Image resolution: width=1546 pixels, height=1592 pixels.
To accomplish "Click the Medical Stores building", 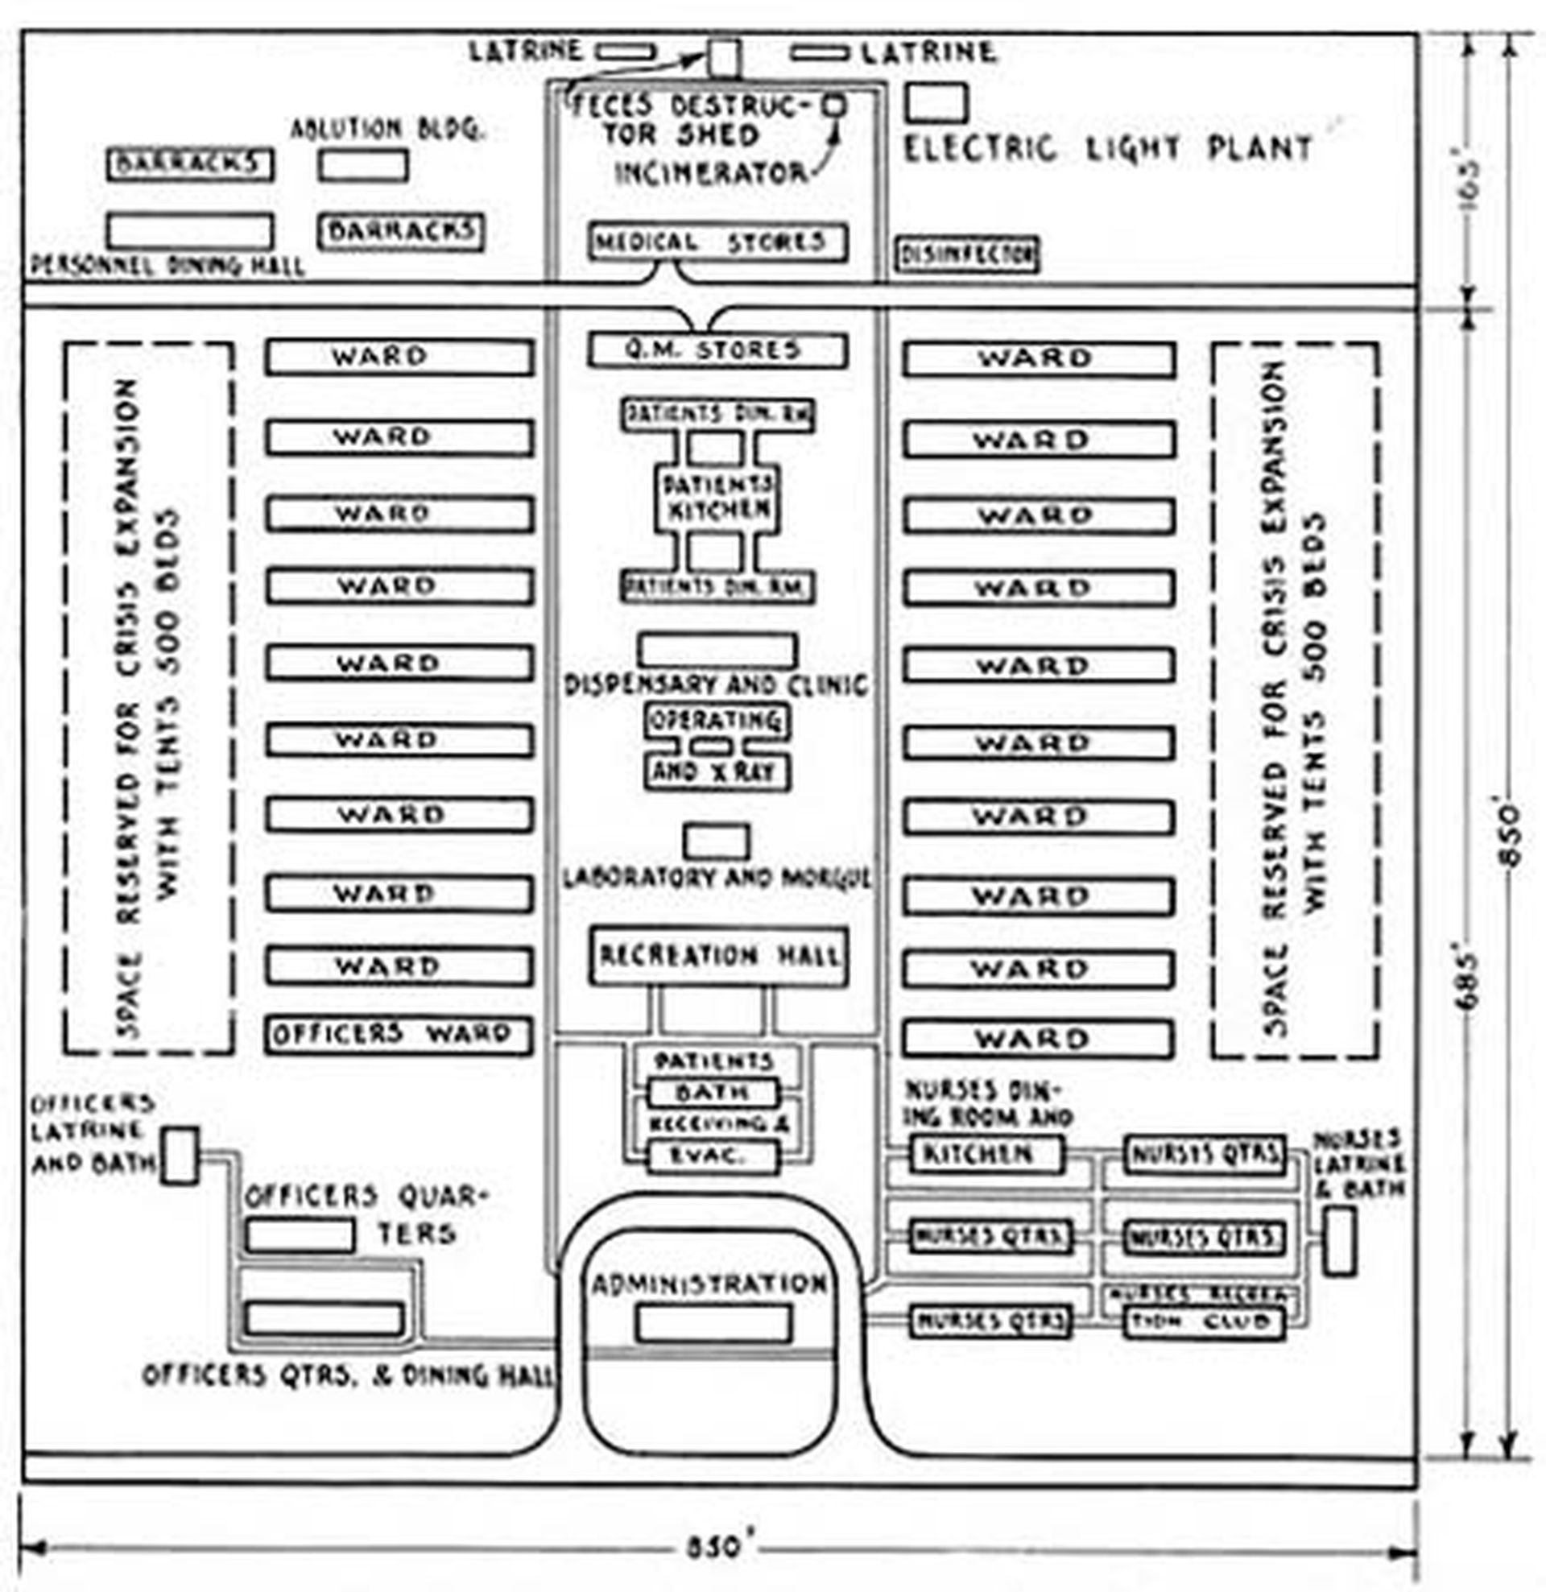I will tap(718, 242).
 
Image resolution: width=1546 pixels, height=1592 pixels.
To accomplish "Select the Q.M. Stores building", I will tap(718, 351).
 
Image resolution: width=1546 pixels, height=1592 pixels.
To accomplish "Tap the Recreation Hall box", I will tap(718, 956).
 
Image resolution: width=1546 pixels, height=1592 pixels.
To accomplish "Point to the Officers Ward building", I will tap(398, 1035).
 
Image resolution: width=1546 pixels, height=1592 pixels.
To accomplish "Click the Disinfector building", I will tap(967, 255).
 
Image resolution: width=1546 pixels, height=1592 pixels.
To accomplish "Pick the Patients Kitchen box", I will tap(717, 498).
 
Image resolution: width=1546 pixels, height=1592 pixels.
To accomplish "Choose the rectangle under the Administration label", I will tap(713, 1322).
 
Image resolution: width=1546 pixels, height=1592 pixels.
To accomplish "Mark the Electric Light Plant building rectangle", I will tap(936, 103).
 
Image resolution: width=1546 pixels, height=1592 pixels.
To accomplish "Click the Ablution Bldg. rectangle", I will tap(363, 165).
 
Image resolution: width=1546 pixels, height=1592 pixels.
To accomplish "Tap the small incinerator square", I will tap(834, 105).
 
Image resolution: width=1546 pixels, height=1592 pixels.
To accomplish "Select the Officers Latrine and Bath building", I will tap(180, 1155).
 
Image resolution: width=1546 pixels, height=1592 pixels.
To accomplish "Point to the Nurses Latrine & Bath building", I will tap(1339, 1240).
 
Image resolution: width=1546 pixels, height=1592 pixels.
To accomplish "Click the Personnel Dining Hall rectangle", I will tap(189, 231).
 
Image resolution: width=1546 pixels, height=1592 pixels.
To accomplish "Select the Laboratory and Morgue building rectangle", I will tap(716, 842).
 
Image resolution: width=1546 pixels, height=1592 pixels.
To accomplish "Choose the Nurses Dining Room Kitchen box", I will tap(986, 1153).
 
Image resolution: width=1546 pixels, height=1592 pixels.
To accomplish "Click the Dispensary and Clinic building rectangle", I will tap(717, 651).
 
